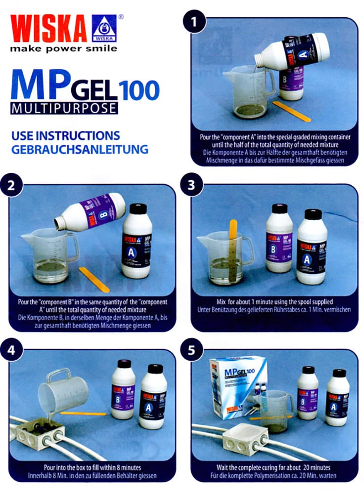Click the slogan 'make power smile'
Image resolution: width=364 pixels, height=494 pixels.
click(64, 48)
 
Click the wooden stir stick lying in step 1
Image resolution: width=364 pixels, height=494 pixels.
click(292, 111)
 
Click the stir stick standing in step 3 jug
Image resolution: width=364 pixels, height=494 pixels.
click(233, 247)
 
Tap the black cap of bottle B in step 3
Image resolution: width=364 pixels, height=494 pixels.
click(279, 208)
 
